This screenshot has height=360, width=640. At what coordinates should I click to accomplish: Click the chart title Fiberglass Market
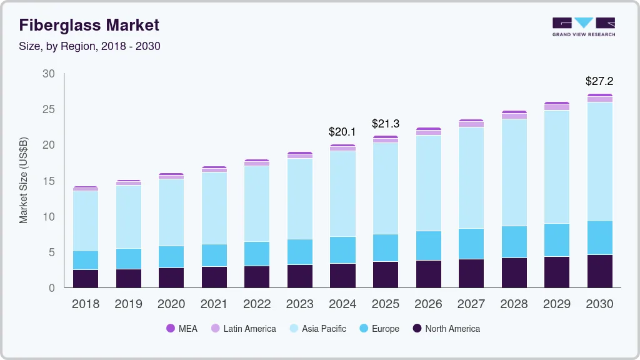pos(89,26)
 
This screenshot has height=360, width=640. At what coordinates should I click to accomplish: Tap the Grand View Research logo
pos(583,26)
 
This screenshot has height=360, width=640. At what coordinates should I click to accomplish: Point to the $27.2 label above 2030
pos(599,81)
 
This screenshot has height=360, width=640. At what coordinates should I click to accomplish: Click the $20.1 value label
pos(342,132)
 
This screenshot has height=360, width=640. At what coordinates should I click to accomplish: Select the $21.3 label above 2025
pos(385,124)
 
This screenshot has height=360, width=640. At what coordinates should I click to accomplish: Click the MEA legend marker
pos(171,328)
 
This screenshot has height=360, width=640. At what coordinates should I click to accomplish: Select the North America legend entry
pos(446,328)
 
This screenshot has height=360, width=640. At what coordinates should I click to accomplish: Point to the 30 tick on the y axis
pos(49,74)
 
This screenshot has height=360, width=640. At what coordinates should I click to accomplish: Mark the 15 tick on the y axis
pos(49,181)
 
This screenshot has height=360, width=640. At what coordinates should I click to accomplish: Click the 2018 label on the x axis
pos(86,304)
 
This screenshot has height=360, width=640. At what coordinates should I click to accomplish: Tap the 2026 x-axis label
pos(428,304)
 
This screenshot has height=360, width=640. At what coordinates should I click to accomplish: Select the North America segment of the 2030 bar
pos(599,271)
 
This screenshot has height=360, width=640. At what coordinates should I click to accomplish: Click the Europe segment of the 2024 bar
pos(342,250)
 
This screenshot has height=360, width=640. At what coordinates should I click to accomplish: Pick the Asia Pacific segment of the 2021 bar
pos(214,208)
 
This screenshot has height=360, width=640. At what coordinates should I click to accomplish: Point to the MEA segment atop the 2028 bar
pos(514,112)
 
